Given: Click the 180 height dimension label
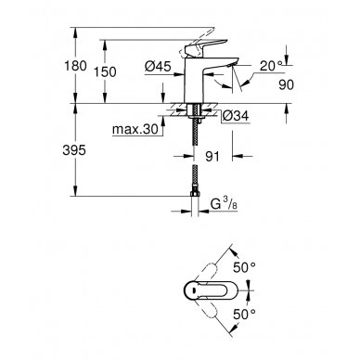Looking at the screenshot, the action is tap(75, 66).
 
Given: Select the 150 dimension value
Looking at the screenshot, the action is tap(105, 72).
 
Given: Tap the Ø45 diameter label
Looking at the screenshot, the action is tap(158, 66).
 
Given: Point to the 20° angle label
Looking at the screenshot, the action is tap(271, 66).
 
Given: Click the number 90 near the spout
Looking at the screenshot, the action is tap(286, 84).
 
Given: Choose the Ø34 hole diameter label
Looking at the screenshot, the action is tap(236, 116).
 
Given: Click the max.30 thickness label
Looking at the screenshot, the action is tap(135, 129).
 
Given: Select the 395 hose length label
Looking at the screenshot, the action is tap(74, 150).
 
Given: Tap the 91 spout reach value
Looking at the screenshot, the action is tap(212, 157).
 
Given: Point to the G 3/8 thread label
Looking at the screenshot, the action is tap(224, 204).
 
